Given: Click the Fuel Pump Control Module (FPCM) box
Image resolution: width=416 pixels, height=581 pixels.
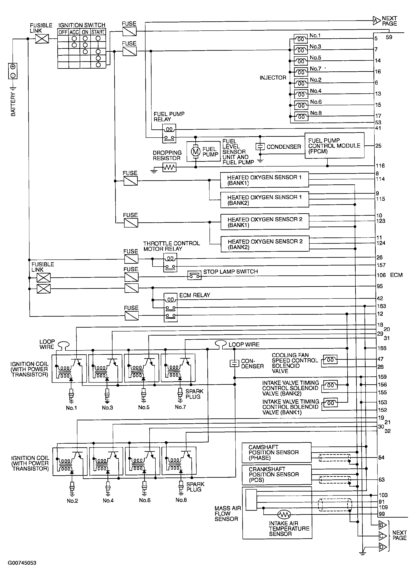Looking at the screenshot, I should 334,146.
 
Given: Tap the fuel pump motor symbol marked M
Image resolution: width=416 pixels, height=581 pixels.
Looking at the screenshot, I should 195,151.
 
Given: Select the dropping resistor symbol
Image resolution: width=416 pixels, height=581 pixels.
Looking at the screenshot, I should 169,168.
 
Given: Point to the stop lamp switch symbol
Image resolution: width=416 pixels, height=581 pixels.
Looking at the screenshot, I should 194,275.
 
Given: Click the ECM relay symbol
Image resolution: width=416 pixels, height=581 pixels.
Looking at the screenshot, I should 170,307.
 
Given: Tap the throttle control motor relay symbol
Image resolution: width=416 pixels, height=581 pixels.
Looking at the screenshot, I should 170,263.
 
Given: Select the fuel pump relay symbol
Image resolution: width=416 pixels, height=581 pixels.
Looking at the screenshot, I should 169,133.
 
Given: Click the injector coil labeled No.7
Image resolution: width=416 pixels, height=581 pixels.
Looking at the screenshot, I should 301,72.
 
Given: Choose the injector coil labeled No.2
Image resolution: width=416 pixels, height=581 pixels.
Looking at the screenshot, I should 301,83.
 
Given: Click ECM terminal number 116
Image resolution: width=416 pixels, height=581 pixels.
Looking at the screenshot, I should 380,166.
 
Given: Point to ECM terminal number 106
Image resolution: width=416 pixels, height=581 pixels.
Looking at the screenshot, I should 381,275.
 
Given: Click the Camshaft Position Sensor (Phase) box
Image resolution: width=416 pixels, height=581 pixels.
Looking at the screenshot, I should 277,452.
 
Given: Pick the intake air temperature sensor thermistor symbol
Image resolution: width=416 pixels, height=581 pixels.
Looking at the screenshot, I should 284,514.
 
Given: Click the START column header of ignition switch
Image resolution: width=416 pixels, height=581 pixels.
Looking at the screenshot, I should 98,32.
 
